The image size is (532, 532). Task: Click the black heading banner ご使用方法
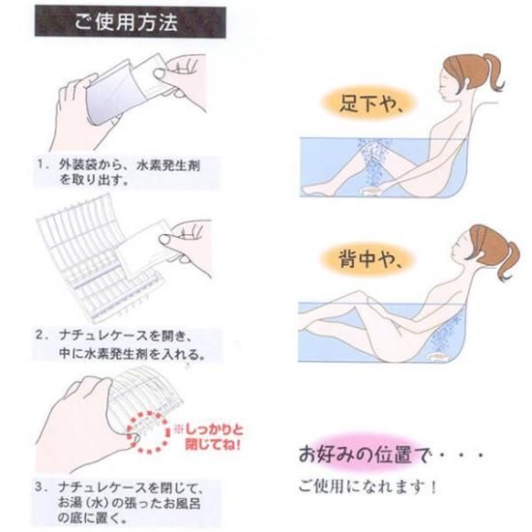(131, 21)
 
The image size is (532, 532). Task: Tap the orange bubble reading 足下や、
(369, 102)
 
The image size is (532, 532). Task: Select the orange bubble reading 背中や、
(368, 260)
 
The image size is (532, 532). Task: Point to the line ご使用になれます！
(368, 487)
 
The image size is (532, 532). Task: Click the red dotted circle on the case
(148, 432)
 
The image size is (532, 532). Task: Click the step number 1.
(41, 164)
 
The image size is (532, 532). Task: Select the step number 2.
(41, 336)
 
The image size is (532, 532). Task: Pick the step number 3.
(40, 488)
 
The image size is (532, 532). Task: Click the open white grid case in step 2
(99, 258)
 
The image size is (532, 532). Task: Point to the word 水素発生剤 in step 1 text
(168, 165)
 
